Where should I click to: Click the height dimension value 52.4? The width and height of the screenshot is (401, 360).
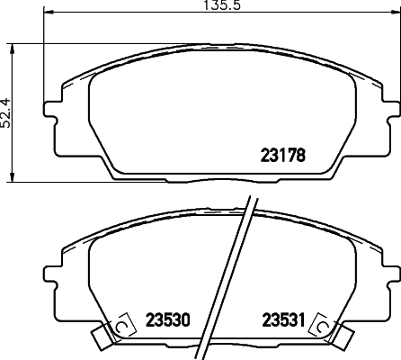pyautogui.click(x=5, y=113)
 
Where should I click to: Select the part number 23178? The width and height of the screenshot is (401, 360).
pyautogui.click(x=283, y=154)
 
